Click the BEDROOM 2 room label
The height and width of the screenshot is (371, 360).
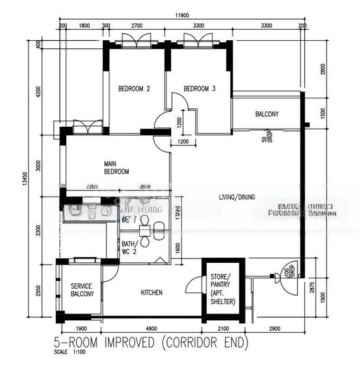pyautogui.click(x=134, y=89)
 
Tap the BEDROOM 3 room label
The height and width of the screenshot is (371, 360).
pyautogui.click(x=199, y=89)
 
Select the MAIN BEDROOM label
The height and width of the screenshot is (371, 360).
pyautogui.click(x=116, y=168)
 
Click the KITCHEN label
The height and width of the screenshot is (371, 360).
pyautogui.click(x=152, y=292)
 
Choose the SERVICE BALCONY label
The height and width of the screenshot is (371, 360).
pyautogui.click(x=82, y=291)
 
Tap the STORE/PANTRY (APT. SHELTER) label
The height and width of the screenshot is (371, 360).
pyautogui.click(x=222, y=288)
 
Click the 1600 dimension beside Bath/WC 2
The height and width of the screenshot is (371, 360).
pyautogui.click(x=178, y=246)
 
